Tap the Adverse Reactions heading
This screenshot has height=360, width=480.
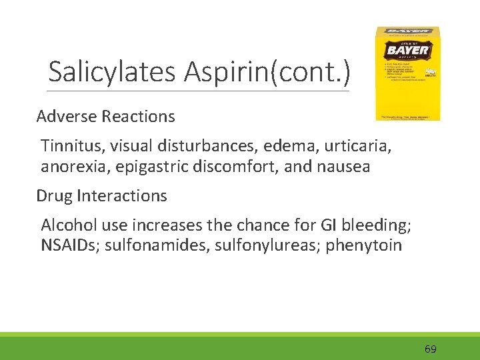105,117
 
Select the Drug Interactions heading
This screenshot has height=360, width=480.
101,196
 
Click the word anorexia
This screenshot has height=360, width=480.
74,167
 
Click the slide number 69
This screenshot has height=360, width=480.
430,349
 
